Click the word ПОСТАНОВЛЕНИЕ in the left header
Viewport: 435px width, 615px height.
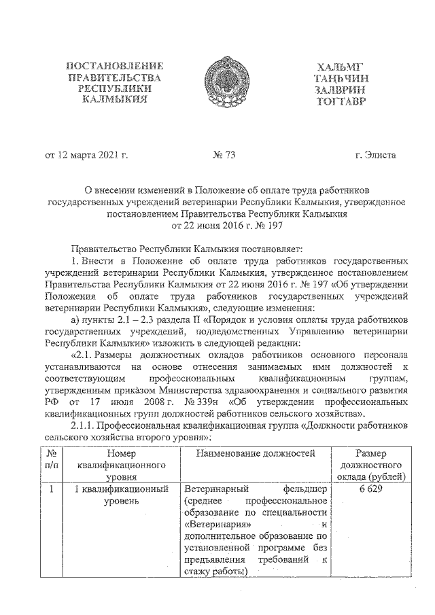point(114,66)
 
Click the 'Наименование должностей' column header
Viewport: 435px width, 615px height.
point(258,453)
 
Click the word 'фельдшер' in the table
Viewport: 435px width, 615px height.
point(310,489)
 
